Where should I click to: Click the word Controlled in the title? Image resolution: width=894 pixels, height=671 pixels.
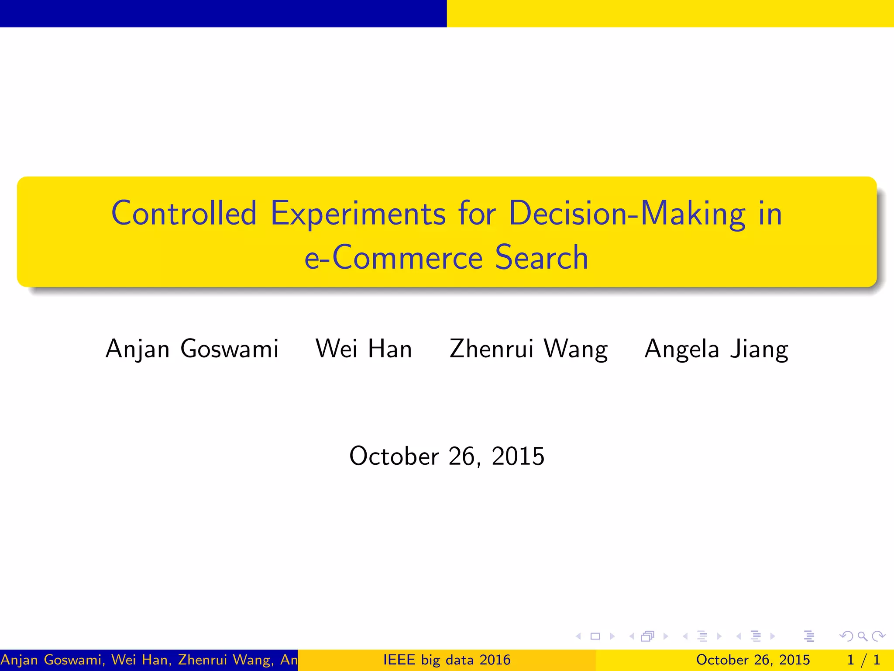click(x=184, y=213)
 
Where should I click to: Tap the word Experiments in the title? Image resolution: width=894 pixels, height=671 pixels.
click(x=358, y=214)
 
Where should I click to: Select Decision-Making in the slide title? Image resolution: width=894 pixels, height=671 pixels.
click(x=627, y=213)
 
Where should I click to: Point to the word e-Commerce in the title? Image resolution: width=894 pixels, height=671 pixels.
click(x=393, y=258)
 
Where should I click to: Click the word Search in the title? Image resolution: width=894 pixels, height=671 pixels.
click(x=541, y=257)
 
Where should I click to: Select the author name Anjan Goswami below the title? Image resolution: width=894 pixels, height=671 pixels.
click(x=192, y=349)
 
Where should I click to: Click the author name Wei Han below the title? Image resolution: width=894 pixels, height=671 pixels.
click(x=364, y=349)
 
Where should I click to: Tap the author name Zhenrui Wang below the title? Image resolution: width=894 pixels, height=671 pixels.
click(x=529, y=349)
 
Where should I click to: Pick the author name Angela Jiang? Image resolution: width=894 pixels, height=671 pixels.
click(x=716, y=349)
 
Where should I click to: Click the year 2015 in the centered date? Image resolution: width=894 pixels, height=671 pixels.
click(x=518, y=457)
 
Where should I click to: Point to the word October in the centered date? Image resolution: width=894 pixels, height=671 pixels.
click(x=394, y=457)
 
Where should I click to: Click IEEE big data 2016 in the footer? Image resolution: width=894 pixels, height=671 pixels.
click(x=447, y=660)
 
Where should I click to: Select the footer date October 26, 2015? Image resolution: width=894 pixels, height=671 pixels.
click(x=753, y=660)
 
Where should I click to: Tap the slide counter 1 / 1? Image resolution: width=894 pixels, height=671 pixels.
click(x=863, y=660)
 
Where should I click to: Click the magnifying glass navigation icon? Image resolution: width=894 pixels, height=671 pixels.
click(x=862, y=636)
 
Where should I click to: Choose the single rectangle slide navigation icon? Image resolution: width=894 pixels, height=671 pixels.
click(x=595, y=636)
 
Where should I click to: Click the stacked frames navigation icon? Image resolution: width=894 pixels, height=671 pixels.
click(x=647, y=636)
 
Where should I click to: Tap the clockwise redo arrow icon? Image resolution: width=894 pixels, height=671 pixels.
click(x=878, y=636)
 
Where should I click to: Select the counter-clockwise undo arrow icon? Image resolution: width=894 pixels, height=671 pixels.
click(x=846, y=636)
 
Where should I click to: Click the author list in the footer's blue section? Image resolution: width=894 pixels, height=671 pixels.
click(x=149, y=660)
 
